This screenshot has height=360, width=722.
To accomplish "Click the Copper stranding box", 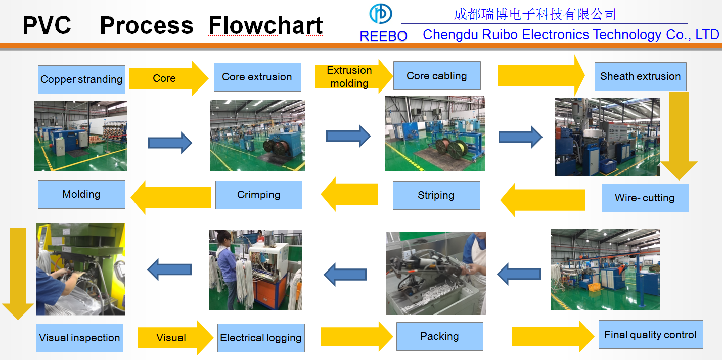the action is [81, 79].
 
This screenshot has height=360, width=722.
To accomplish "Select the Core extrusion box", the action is [257, 77].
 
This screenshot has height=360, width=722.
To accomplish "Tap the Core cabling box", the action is [437, 76].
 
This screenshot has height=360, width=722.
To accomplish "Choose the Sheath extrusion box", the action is [641, 76].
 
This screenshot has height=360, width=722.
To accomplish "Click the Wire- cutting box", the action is [645, 198].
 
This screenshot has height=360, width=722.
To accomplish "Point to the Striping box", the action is [436, 195].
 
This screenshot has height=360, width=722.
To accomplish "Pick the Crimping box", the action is [259, 195].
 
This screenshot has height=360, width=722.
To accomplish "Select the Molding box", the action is [81, 194].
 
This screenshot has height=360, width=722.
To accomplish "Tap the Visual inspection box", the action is [79, 338].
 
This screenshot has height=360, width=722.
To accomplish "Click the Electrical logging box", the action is [261, 338].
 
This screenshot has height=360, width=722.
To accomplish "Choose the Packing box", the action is [440, 336].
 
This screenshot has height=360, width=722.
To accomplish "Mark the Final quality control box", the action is [651, 335].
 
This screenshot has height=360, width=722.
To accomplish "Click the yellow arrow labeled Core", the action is [169, 78].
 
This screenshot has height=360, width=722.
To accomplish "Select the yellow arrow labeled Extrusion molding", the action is [353, 77].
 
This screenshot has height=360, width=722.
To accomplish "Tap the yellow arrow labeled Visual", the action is [175, 337].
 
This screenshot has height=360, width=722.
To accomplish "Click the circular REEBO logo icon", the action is [381, 14].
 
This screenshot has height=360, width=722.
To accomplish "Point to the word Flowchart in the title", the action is [265, 25].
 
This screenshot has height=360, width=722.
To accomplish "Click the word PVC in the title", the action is [47, 25].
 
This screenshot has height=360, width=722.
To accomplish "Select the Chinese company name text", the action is [535, 14].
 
